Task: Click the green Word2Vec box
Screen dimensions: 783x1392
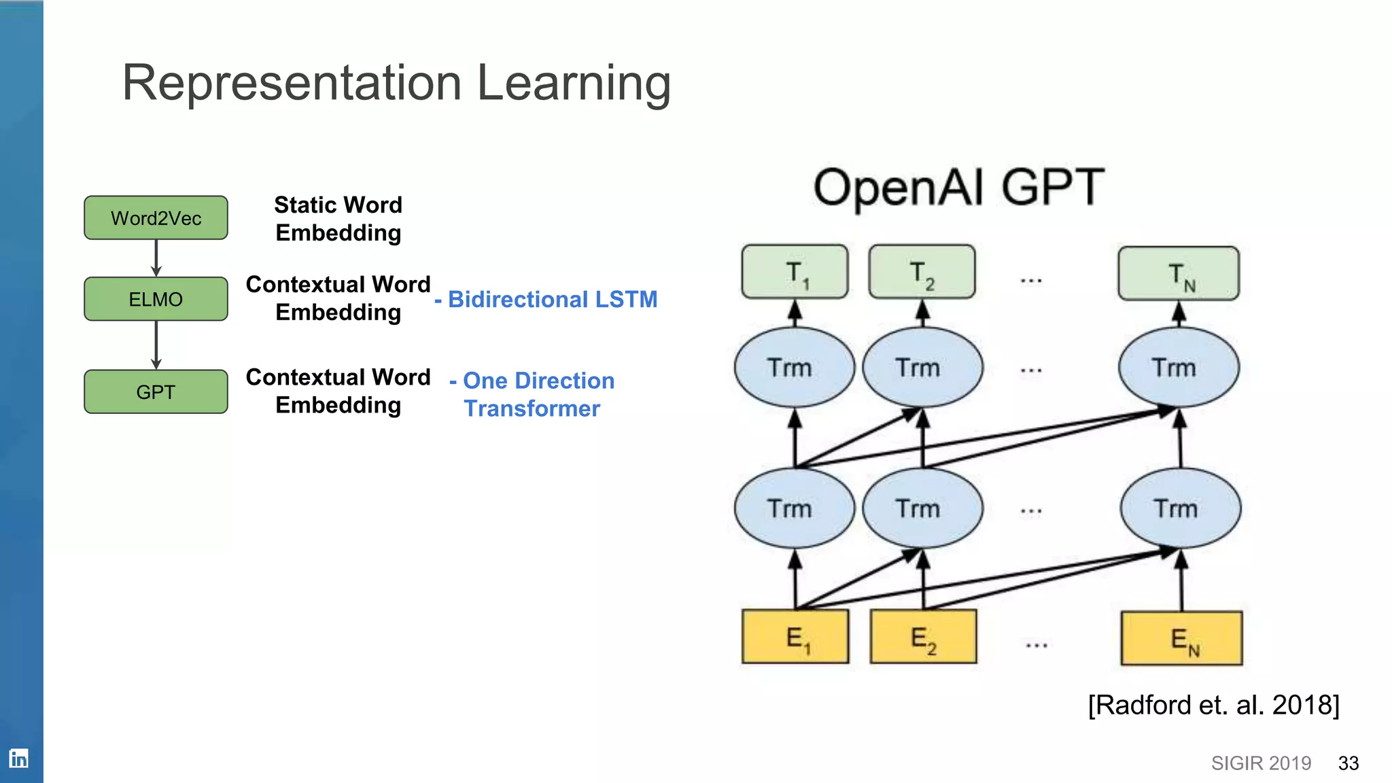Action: point(156,217)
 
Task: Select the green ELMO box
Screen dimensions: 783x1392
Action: point(156,299)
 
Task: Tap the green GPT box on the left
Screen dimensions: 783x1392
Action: point(156,391)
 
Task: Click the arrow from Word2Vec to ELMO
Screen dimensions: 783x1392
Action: point(156,258)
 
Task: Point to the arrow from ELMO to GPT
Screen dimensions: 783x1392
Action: point(156,345)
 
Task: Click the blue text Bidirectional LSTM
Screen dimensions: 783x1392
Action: point(552,299)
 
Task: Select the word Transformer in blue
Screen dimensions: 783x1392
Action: point(532,408)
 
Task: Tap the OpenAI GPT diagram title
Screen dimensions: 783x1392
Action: point(958,187)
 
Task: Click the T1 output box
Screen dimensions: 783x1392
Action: point(795,273)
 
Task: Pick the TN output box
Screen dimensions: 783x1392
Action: point(1179,274)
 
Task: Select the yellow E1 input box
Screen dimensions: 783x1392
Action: point(795,637)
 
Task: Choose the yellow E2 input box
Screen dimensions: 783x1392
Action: point(923,637)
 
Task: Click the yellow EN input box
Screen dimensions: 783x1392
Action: point(1181,638)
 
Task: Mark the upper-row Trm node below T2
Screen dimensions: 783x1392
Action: point(922,368)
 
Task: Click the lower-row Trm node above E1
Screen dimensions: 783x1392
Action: point(794,508)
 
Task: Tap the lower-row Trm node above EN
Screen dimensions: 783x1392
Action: point(1180,508)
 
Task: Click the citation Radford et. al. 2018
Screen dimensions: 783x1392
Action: point(1213,705)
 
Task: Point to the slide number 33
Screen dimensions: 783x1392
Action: point(1348,763)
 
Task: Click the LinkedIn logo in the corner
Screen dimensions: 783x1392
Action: point(18,758)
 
